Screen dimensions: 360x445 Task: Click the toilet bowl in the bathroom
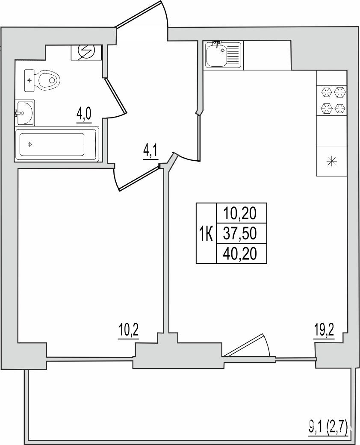pos(49,80)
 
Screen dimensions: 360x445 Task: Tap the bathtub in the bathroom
pos(57,144)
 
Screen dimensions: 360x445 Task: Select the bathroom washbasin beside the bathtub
pos(25,113)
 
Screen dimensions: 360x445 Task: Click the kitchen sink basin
pos(216,55)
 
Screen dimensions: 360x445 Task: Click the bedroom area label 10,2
pos(129,330)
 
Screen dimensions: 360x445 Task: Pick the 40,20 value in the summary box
pos(240,253)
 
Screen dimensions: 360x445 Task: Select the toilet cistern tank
pos(30,80)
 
